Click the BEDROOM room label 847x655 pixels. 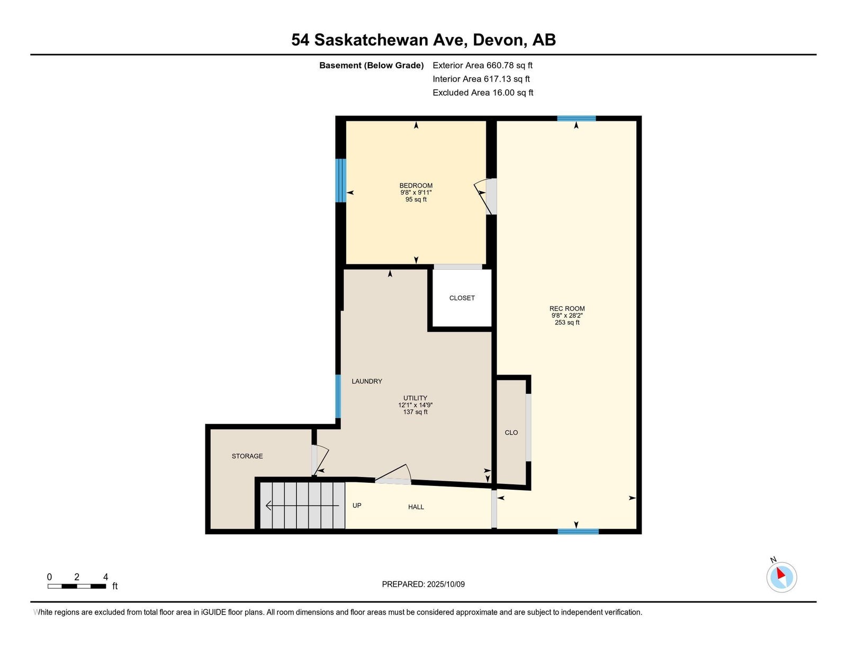(x=416, y=185)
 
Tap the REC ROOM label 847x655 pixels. (x=567, y=308)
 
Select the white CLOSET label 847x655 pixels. (x=462, y=298)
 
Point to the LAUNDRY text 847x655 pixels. (x=366, y=381)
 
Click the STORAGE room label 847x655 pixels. (x=247, y=456)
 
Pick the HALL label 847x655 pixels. (x=416, y=507)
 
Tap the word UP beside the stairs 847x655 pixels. (x=357, y=505)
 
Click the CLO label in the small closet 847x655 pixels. (x=511, y=432)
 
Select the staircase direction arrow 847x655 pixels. (x=302, y=506)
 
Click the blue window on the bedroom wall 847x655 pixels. (x=341, y=180)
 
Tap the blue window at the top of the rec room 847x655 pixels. (x=576, y=118)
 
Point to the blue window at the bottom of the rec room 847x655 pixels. (x=578, y=532)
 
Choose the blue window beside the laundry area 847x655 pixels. (x=338, y=396)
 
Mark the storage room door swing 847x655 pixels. (x=321, y=461)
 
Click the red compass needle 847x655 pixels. (x=780, y=573)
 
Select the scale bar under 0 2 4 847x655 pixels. (x=77, y=586)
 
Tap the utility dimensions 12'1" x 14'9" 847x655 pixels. (x=415, y=405)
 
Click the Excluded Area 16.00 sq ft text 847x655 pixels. (x=483, y=92)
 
